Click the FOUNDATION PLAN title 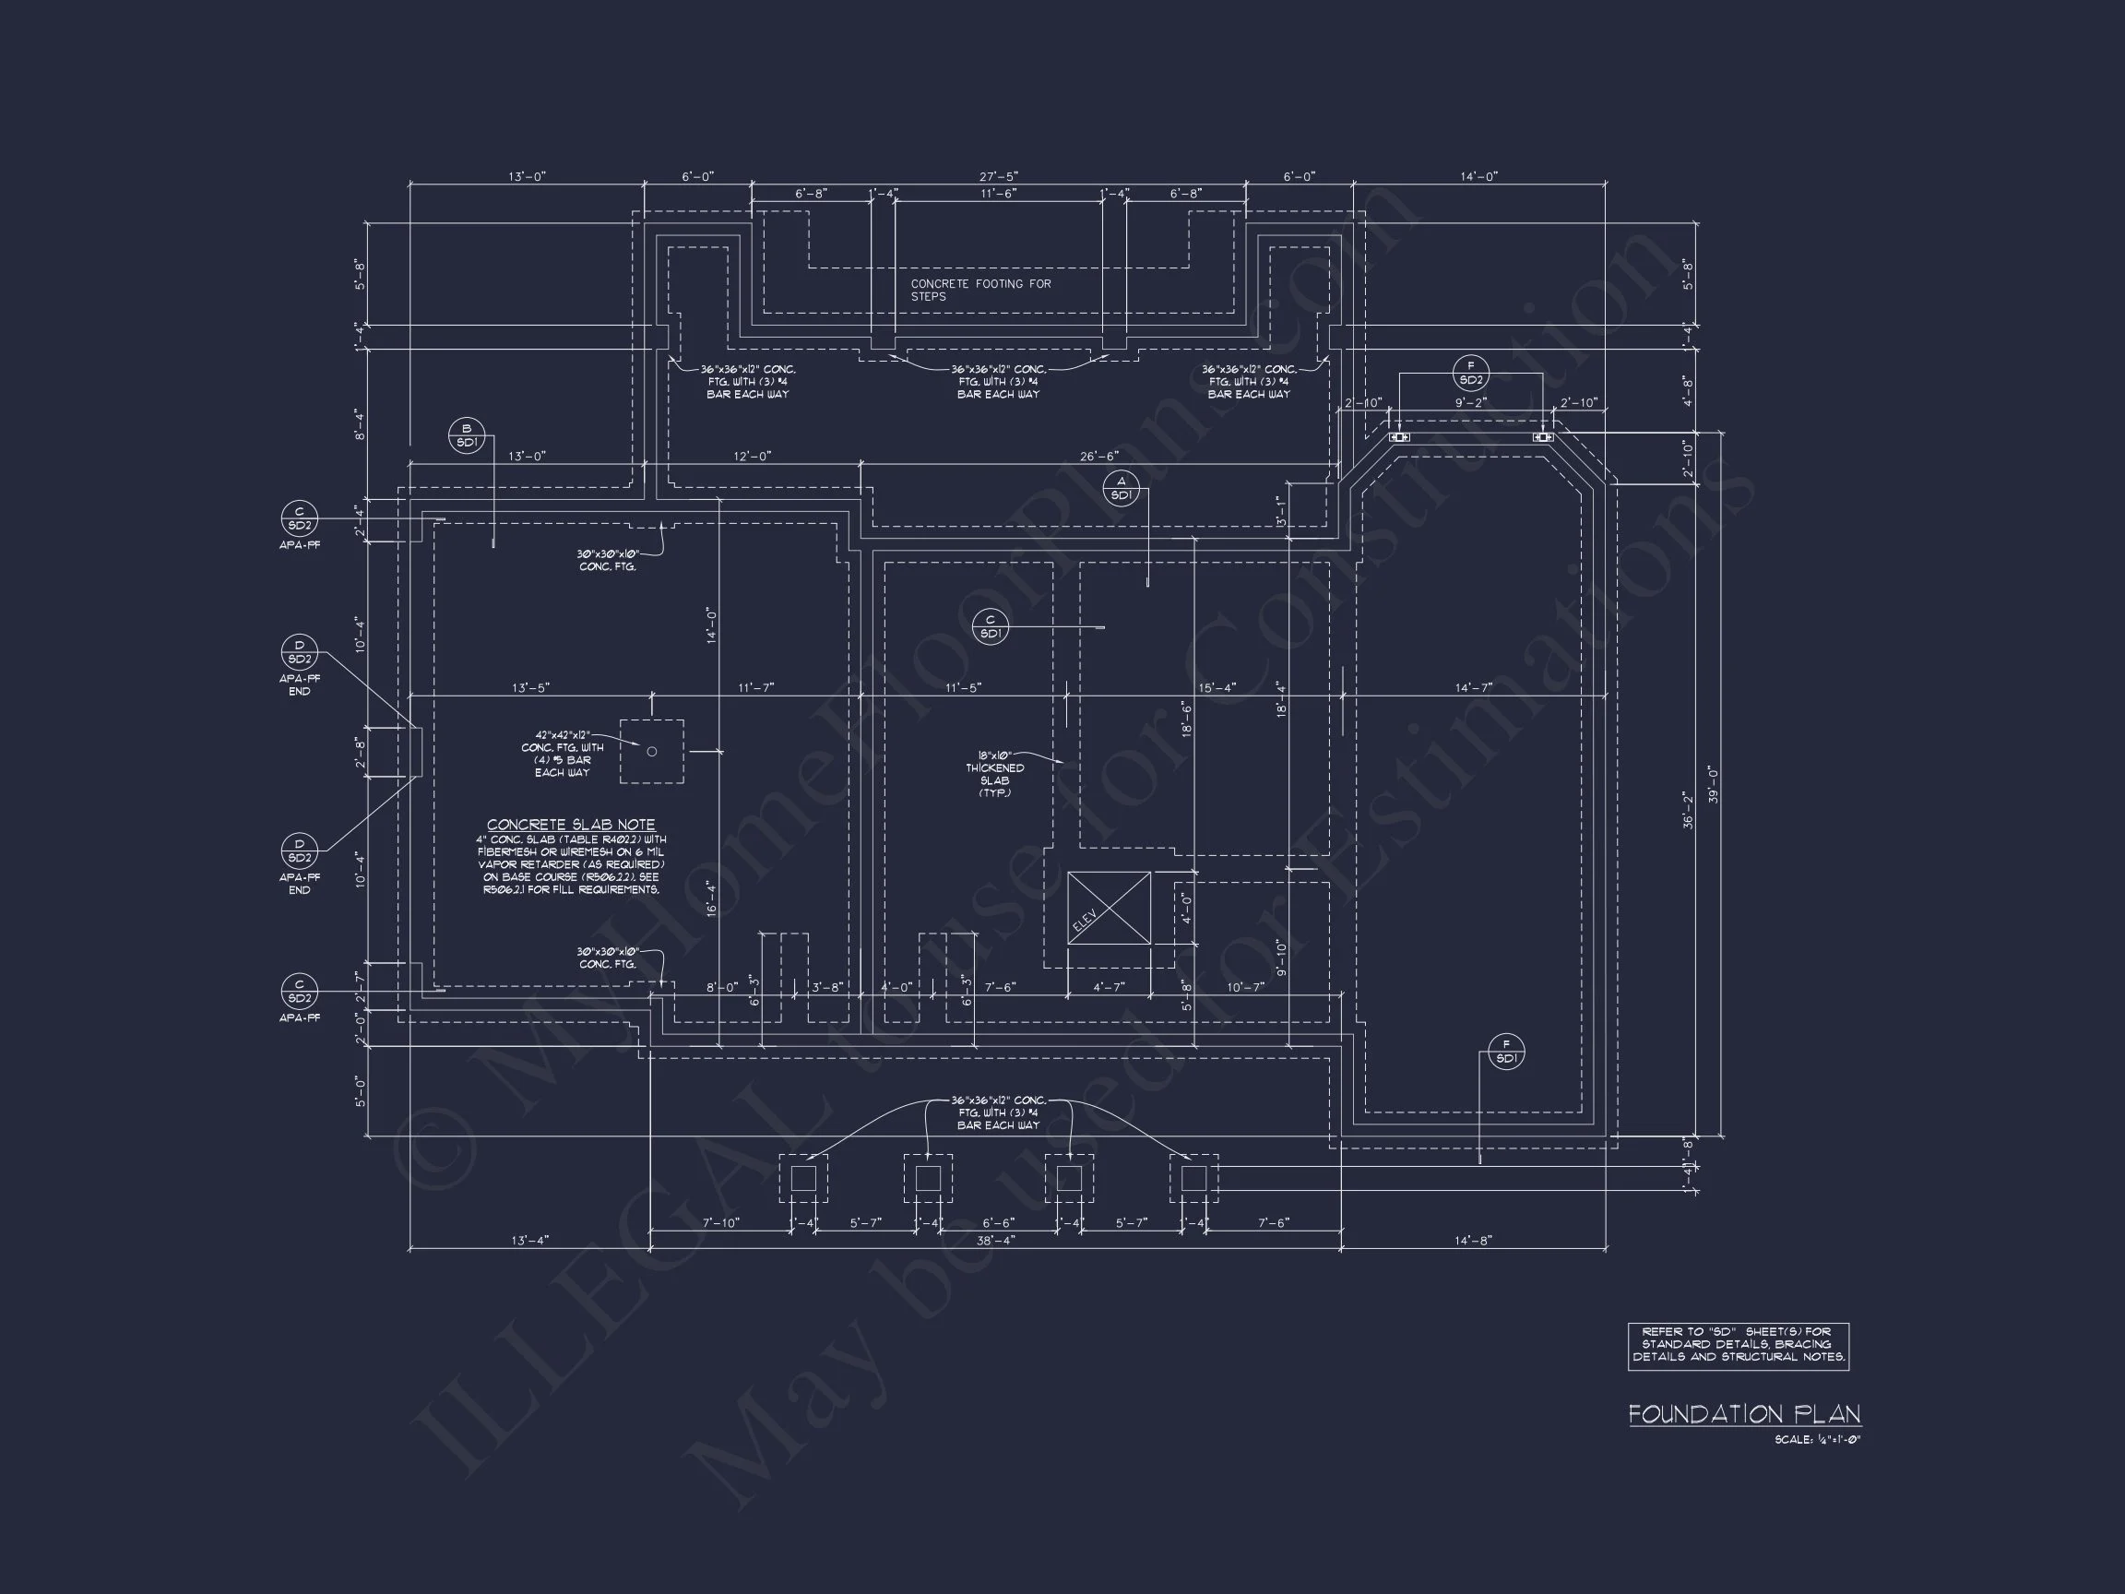(1743, 1413)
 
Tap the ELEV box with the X (1109, 908)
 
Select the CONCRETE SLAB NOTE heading (571, 825)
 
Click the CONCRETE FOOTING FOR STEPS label (979, 290)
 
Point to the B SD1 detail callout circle (467, 435)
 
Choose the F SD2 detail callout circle (1471, 373)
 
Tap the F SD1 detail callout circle (1505, 1052)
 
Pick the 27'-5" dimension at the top (998, 177)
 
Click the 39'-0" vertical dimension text (1713, 784)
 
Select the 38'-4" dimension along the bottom (996, 1241)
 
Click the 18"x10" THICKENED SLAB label (994, 773)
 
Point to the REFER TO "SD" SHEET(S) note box (1738, 1345)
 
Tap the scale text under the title (1817, 1439)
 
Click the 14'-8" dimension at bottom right (1473, 1241)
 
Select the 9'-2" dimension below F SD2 (1470, 402)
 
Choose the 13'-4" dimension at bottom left (529, 1241)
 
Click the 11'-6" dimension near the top (998, 193)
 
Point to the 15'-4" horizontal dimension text (1217, 687)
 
